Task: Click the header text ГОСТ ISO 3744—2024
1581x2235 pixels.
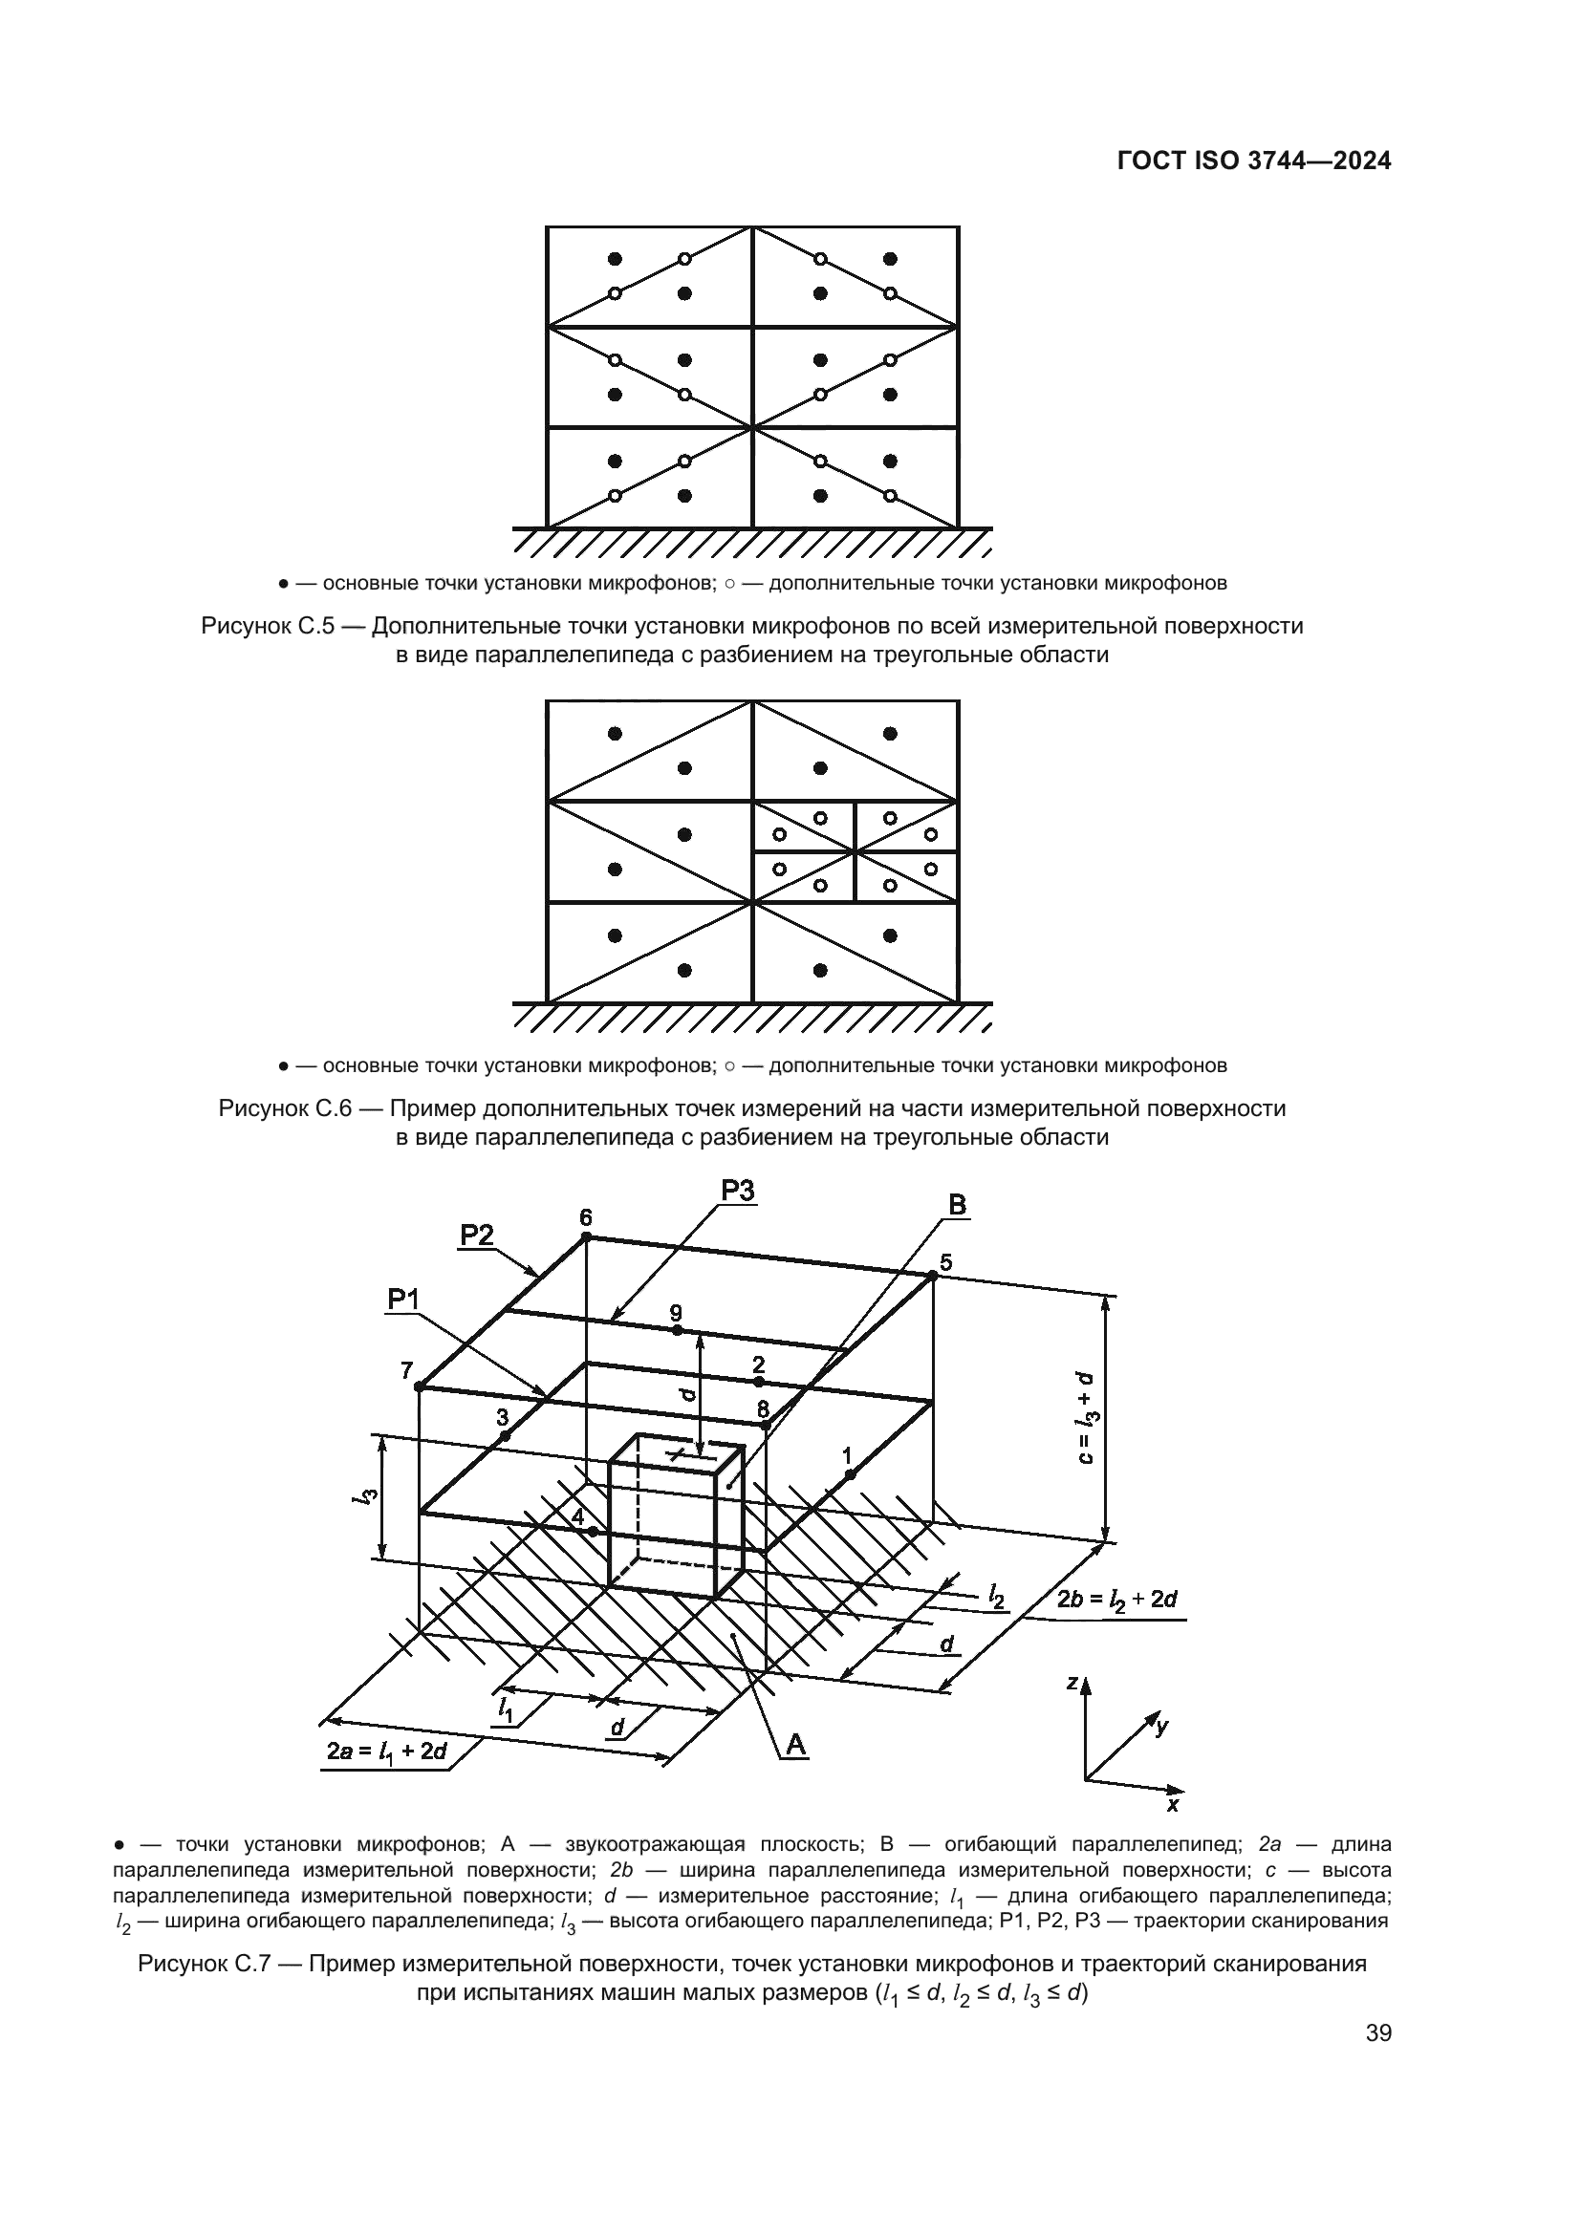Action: (1254, 161)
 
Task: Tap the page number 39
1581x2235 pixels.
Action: (1378, 2061)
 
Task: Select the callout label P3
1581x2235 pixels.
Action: (738, 1191)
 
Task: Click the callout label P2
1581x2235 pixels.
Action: (477, 1236)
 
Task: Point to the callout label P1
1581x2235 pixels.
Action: (403, 1300)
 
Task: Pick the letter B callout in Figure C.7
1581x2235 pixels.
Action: (957, 1205)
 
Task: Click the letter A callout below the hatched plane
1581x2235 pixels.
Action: (796, 1747)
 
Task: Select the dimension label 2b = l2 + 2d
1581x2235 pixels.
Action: (1117, 1600)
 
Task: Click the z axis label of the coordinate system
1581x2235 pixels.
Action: (1072, 1682)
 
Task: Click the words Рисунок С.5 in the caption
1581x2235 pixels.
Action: (268, 626)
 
